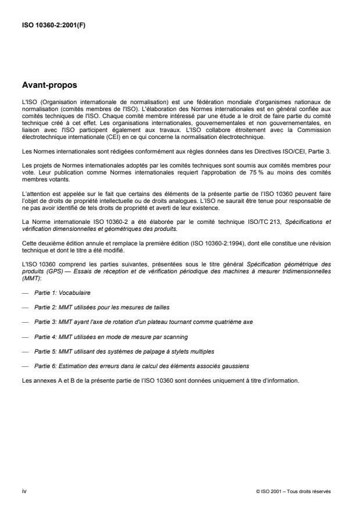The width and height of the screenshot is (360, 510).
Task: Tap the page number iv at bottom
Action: click(24, 491)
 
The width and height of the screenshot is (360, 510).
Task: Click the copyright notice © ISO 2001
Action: click(293, 491)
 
